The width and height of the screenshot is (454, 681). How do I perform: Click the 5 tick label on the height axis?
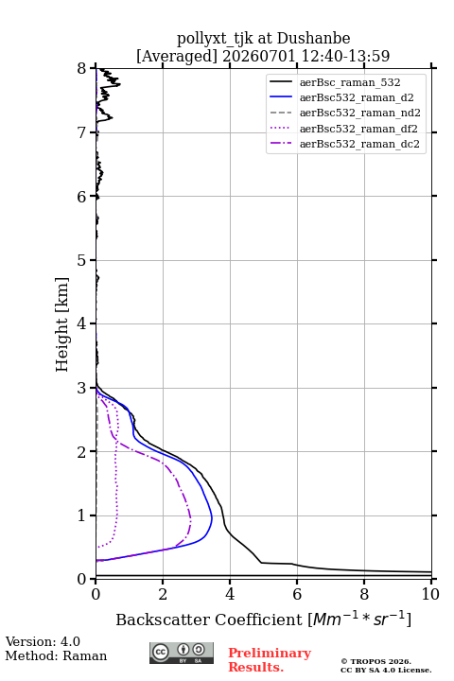click(x=82, y=260)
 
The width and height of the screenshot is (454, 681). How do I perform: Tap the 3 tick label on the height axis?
click(x=82, y=388)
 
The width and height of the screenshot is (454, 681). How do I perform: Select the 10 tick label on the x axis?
click(x=430, y=594)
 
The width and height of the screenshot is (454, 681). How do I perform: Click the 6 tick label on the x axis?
click(x=297, y=594)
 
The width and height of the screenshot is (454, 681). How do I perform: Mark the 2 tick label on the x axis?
click(x=163, y=594)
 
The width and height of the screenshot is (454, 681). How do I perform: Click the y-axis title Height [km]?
click(x=61, y=324)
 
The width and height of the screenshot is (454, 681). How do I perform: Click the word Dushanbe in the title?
click(x=313, y=39)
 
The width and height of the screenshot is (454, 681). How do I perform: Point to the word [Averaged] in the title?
click(x=176, y=56)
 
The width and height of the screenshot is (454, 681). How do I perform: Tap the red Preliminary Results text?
click(x=270, y=660)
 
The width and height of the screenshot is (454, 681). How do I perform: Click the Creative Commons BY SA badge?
click(x=182, y=653)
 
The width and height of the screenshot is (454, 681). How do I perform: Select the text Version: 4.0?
click(x=43, y=641)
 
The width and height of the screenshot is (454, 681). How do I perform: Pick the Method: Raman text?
click(x=56, y=655)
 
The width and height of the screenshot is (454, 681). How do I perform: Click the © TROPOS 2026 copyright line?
click(x=376, y=661)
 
